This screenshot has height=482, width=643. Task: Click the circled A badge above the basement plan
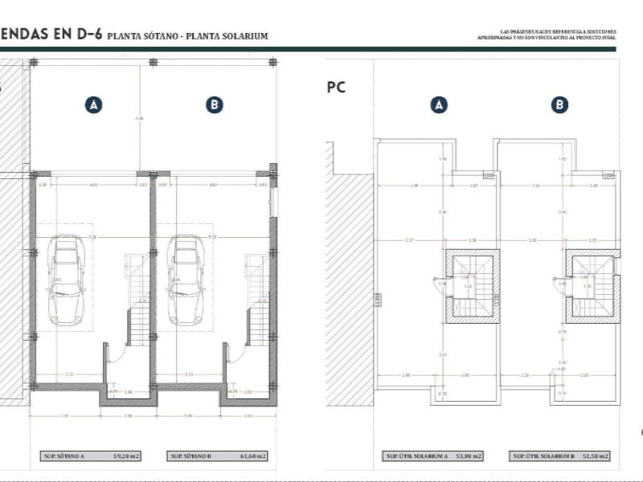click(x=94, y=104)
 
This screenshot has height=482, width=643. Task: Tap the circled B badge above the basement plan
click(x=214, y=104)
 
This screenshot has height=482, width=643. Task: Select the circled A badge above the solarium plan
click(x=439, y=104)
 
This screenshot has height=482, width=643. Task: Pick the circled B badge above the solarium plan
click(x=560, y=104)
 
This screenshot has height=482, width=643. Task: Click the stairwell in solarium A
click(x=473, y=285)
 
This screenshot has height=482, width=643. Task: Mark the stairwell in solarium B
click(x=592, y=285)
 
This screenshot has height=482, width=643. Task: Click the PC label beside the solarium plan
click(x=336, y=88)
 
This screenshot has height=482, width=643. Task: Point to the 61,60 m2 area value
click(x=253, y=456)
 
